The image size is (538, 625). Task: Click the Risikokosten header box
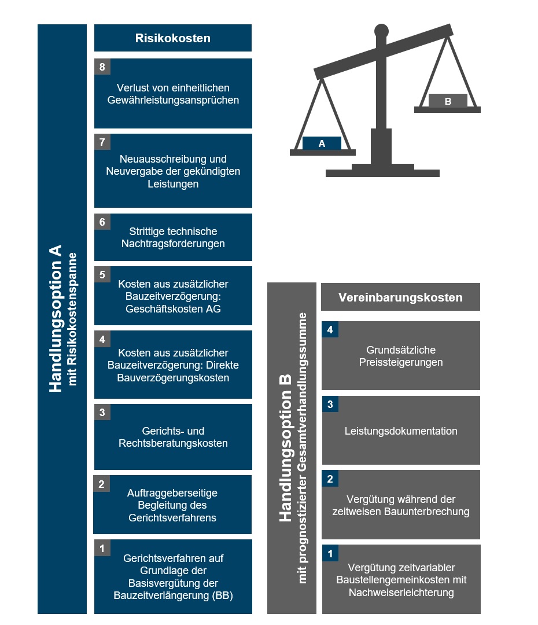173,38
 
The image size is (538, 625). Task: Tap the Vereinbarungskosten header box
400,297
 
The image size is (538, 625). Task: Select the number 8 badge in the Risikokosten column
102,67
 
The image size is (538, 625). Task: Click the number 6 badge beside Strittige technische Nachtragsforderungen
102,222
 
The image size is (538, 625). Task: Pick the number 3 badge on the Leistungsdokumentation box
330,404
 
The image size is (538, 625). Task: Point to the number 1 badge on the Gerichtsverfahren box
102,548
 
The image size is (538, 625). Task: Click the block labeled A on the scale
322,144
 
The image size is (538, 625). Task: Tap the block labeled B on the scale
448,101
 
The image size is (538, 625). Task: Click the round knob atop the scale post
381,31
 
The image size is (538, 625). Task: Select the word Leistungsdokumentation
401,431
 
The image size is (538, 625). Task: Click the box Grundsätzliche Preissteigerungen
401,355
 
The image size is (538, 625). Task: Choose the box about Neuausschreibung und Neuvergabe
173,171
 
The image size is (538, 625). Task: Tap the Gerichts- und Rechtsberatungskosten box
173,437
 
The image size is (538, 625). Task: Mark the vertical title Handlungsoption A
56,318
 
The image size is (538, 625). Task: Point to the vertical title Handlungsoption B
285,448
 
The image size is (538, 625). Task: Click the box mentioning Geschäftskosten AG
173,296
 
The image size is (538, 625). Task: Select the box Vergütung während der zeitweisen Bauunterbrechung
401,505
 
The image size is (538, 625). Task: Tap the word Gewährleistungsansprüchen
173,100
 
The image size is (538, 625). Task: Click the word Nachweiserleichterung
401,593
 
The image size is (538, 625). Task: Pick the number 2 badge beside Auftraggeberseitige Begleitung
102,483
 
